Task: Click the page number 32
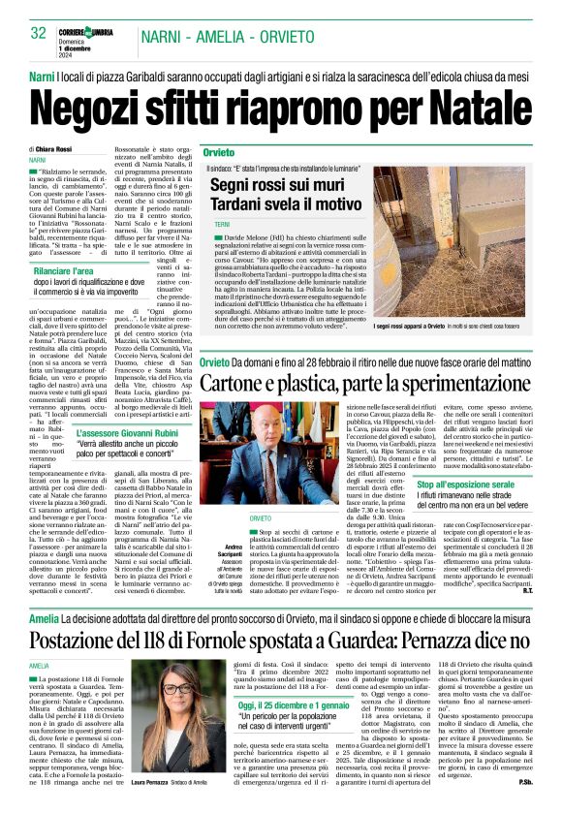(39, 33)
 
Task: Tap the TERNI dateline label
(222, 224)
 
